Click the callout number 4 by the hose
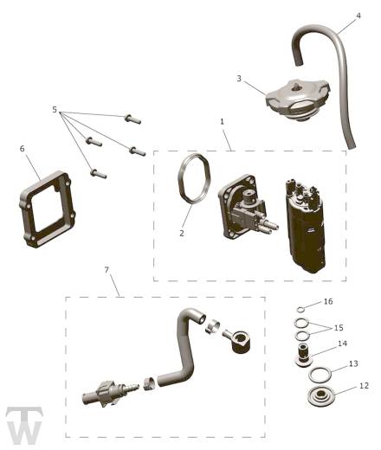click(x=358, y=16)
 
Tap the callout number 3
click(x=239, y=78)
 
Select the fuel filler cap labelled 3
click(x=297, y=100)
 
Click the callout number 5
click(x=55, y=110)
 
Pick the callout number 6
click(x=23, y=149)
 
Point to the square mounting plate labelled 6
click(x=48, y=209)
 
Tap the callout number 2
click(x=182, y=233)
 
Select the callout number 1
click(x=222, y=122)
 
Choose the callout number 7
click(x=107, y=270)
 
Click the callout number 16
click(x=328, y=301)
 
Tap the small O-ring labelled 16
click(x=300, y=310)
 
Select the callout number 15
click(x=339, y=328)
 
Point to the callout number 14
click(x=342, y=344)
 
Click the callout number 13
click(x=353, y=363)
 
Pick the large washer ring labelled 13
click(x=320, y=375)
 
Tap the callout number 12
click(x=365, y=386)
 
